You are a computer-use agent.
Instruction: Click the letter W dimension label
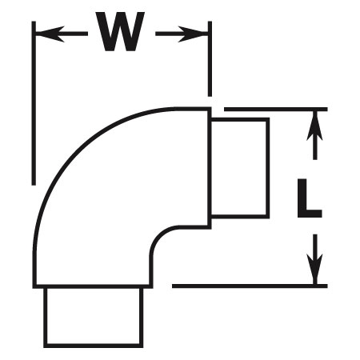click(121, 31)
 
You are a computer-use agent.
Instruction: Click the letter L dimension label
click(310, 198)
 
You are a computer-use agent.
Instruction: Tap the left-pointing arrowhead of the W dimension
click(50, 34)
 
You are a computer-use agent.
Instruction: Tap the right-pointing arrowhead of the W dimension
click(193, 34)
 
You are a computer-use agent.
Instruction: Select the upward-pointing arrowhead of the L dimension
click(314, 126)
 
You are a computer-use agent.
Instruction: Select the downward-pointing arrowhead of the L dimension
click(314, 270)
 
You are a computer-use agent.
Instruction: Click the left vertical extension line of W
click(34, 103)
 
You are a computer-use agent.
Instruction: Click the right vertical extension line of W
click(210, 58)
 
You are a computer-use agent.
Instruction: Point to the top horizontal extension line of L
click(276, 110)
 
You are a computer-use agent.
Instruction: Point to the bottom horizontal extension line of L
click(250, 286)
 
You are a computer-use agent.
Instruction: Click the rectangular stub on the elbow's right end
click(240, 168)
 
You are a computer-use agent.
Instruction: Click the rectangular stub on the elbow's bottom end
click(94, 318)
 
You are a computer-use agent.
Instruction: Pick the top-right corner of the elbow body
click(210, 108)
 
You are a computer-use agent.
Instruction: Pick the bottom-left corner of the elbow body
click(34, 286)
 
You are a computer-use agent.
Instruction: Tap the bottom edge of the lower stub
click(94, 346)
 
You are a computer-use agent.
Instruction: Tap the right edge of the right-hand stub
click(268, 168)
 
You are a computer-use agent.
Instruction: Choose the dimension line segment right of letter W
click(182, 34)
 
